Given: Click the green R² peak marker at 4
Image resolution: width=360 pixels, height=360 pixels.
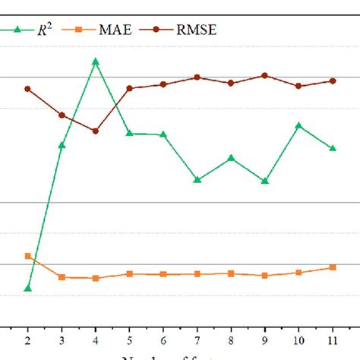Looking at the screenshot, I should [96, 62].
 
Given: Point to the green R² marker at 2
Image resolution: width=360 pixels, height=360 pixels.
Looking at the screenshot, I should [28, 289].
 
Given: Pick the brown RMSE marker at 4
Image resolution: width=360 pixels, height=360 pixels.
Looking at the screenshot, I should [96, 131].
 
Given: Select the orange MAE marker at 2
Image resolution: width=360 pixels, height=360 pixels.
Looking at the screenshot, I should [28, 256].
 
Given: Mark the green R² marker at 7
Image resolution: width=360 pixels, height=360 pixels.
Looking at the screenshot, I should [197, 180].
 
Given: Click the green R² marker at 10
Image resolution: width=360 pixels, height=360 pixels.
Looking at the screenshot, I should [298, 125].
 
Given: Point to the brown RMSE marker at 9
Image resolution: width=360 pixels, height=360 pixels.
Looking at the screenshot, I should [265, 75].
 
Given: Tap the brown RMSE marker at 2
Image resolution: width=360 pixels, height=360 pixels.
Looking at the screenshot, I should [28, 89].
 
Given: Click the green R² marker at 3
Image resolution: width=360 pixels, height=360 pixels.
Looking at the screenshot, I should [62, 145].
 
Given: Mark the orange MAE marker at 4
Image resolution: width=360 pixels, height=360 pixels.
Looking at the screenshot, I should [96, 278].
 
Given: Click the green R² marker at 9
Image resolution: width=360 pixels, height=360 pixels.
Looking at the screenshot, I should [265, 182].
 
